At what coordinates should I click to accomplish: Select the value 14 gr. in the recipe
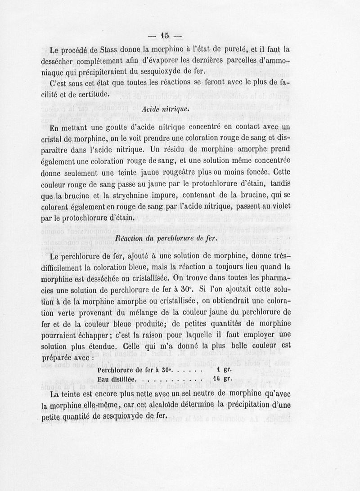pyautogui.click(x=222, y=379)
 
